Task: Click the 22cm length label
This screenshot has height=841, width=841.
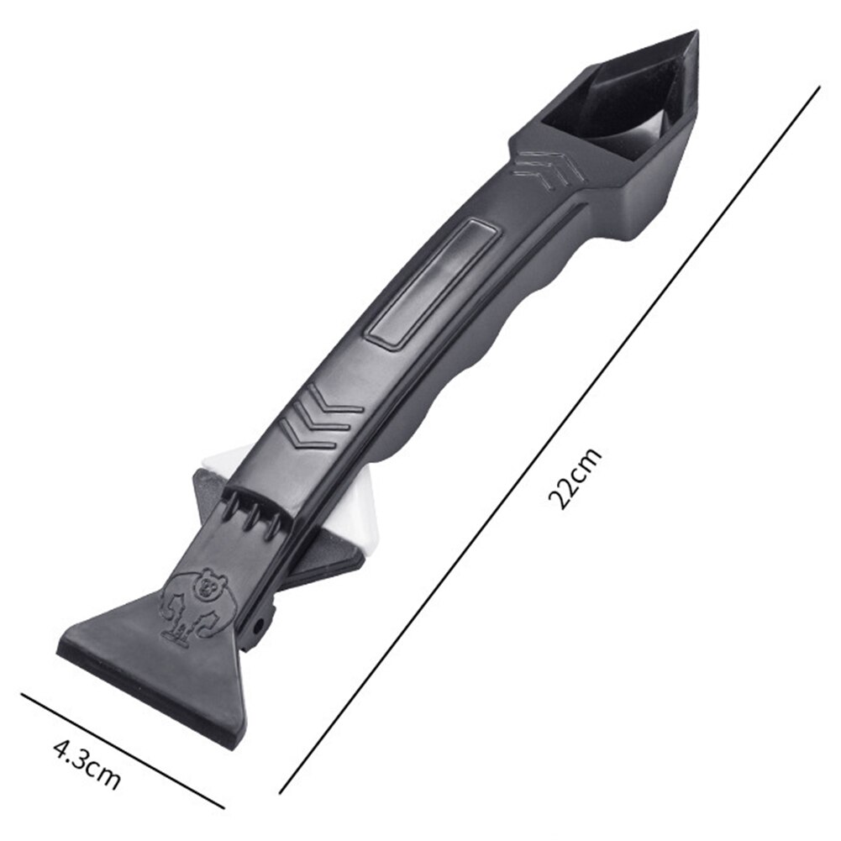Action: coord(575,478)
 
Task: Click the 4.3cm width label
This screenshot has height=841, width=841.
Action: coord(87,764)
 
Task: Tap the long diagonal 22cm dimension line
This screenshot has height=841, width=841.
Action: coord(549,440)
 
